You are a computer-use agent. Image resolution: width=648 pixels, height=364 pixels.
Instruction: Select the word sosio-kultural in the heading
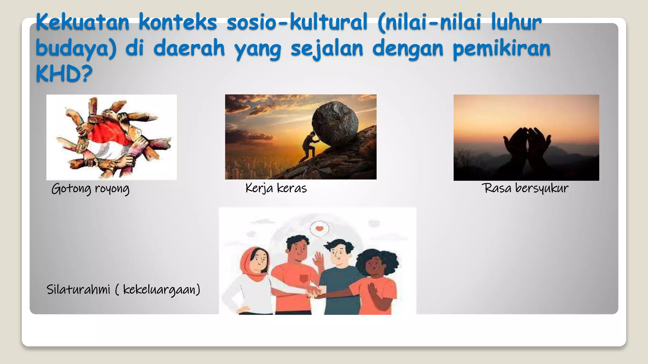[297, 22]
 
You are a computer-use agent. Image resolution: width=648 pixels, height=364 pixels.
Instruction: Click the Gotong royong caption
[90, 189]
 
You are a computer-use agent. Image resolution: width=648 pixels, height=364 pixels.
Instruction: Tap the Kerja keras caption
[276, 188]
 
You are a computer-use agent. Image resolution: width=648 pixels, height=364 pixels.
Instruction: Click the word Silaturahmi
[78, 289]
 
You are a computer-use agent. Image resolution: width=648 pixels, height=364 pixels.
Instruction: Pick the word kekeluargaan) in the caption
[162, 289]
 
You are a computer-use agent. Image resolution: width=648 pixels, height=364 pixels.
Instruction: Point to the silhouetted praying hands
[527, 142]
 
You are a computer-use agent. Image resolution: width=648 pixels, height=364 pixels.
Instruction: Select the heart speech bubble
[320, 228]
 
